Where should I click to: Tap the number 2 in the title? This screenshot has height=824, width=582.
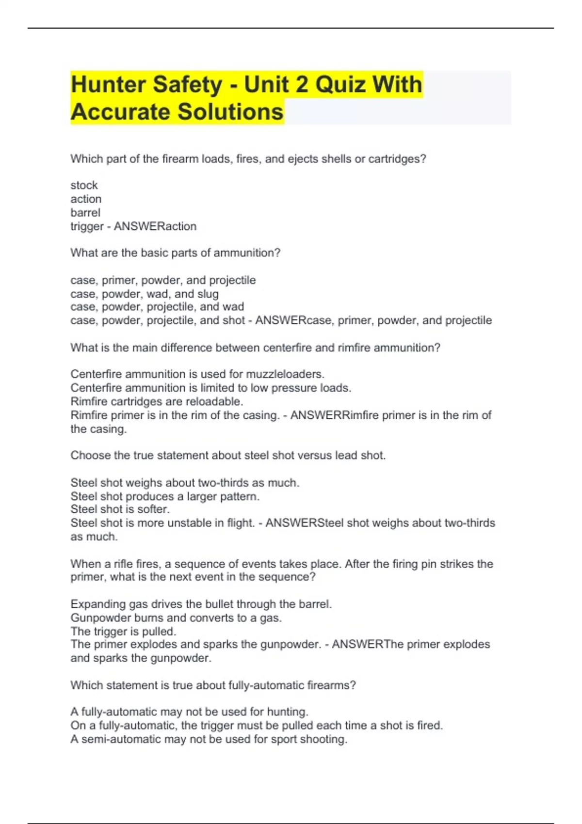[301, 85]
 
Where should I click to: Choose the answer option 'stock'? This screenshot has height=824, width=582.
[84, 185]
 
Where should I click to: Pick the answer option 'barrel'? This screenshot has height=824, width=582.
[85, 213]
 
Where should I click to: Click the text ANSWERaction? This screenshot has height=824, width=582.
[155, 226]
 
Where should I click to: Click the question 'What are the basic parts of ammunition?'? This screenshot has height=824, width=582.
[175, 253]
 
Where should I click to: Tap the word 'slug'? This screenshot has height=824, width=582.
[208, 294]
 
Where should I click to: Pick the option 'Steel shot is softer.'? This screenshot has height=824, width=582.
[120, 509]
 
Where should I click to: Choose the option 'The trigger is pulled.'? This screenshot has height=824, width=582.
[123, 632]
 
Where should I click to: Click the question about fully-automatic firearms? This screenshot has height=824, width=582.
[213, 685]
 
